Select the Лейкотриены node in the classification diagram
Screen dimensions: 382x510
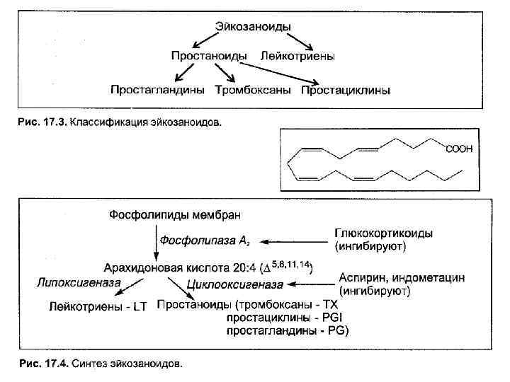point(297,54)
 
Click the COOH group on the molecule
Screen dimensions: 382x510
point(458,149)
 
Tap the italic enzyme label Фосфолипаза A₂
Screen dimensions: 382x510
point(203,241)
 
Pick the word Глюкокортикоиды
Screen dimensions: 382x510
point(383,233)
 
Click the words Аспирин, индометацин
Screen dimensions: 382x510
point(402,277)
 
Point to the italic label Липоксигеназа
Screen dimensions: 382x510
point(78,282)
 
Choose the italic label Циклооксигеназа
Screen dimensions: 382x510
point(234,284)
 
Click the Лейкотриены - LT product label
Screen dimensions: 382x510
point(97,306)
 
